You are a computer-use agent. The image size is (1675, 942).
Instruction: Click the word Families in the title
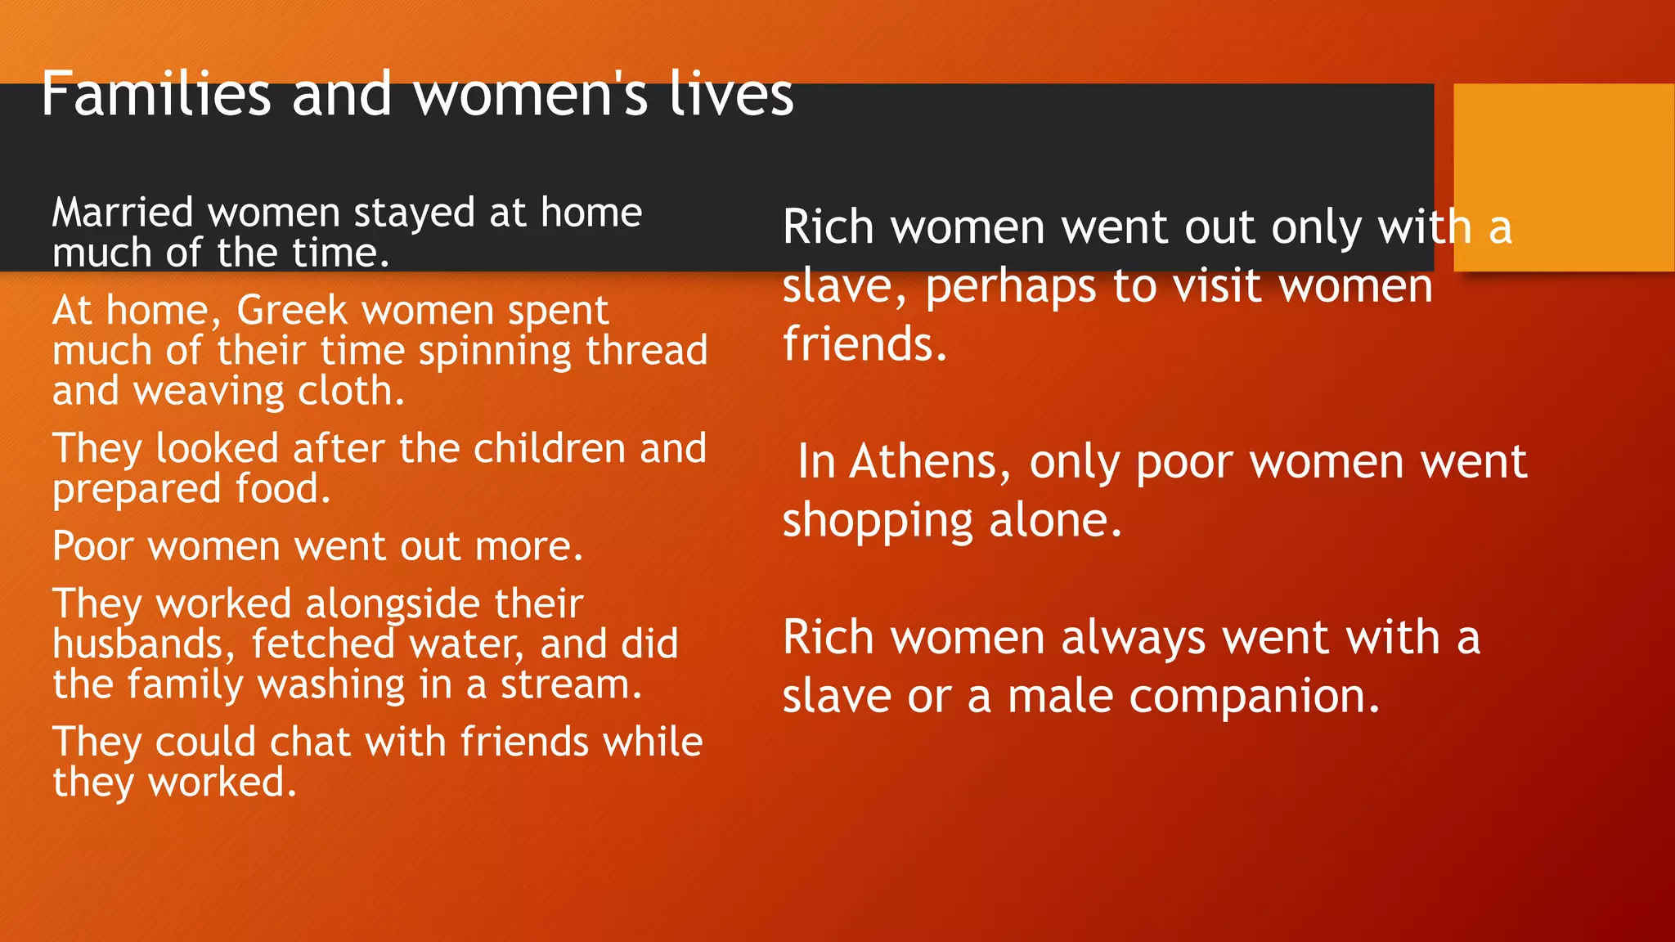point(155,94)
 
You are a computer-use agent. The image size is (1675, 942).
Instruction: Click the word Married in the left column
point(123,213)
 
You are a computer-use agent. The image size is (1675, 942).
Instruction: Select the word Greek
point(292,311)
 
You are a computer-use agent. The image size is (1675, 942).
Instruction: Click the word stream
point(571,684)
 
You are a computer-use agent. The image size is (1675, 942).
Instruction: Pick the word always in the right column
point(1133,639)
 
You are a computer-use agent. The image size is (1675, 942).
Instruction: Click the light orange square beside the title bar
point(1564,177)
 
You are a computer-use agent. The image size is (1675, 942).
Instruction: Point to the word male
point(1059,698)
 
